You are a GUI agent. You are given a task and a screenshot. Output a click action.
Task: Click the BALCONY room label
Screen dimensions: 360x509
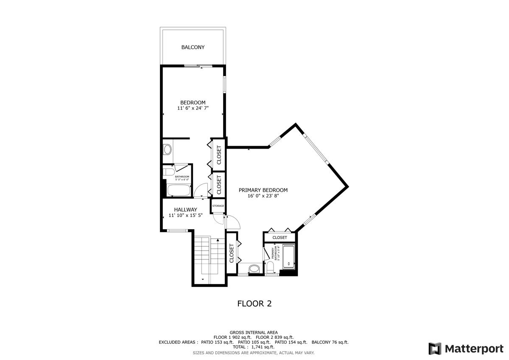click(193, 47)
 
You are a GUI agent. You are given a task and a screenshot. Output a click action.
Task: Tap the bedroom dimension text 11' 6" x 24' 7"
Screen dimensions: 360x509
click(193, 109)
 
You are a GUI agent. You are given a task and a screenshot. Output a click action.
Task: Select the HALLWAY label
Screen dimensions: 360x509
click(185, 209)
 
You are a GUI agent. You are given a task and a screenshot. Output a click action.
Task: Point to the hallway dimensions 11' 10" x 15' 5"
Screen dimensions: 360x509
click(185, 216)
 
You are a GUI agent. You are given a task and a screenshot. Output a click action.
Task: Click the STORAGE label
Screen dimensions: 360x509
click(218, 206)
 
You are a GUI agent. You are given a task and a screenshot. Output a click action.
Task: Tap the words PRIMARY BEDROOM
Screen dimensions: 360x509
click(263, 190)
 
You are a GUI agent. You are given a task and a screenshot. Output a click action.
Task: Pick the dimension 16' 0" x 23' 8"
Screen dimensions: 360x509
click(263, 196)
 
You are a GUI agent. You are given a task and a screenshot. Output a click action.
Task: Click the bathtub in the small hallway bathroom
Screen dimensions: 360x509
click(178, 190)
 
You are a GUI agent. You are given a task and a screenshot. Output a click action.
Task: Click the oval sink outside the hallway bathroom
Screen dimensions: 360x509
click(167, 149)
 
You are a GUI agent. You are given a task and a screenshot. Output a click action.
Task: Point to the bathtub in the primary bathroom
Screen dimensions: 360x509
click(288, 258)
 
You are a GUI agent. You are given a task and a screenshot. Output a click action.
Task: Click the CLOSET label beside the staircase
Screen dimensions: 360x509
click(232, 253)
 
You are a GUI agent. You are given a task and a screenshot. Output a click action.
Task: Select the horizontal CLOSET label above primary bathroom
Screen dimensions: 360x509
click(280, 237)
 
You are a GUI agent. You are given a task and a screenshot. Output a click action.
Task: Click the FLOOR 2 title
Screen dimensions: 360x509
click(254, 304)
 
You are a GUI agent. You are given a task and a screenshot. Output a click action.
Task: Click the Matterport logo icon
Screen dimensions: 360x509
click(435, 349)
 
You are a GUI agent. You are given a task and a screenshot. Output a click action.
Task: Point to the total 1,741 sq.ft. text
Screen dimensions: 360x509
click(254, 347)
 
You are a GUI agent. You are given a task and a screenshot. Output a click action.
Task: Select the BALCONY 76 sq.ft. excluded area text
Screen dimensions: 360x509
click(330, 342)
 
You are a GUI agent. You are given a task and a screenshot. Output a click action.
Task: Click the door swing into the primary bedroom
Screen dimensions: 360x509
click(233, 223)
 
